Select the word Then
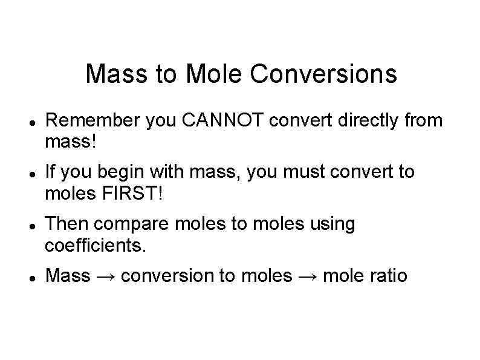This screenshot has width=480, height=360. tap(66, 224)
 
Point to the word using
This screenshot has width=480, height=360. tap(332, 224)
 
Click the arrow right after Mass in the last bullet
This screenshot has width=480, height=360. tap(106, 277)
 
